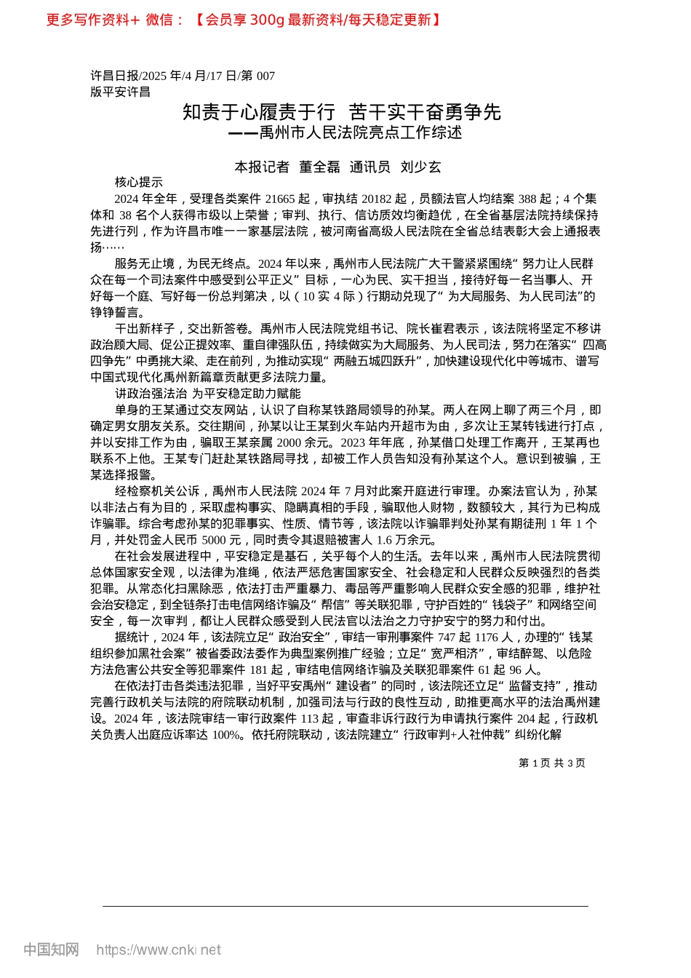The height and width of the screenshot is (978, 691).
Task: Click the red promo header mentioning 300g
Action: [x=243, y=20]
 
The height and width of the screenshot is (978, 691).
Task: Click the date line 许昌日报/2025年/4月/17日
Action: [x=183, y=76]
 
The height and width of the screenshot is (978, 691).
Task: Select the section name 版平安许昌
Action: [x=120, y=92]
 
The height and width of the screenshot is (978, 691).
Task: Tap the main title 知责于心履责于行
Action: [x=259, y=112]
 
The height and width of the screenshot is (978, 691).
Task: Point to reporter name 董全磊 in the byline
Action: [x=319, y=167]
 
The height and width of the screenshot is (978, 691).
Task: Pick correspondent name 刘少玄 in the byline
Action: [x=420, y=167]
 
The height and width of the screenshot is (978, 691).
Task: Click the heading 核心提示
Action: [x=138, y=183]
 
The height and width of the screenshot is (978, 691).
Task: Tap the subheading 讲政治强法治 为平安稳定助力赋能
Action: [x=207, y=394]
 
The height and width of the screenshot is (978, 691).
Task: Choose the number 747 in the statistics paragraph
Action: [x=447, y=637]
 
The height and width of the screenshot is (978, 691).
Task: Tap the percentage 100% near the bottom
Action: [x=226, y=735]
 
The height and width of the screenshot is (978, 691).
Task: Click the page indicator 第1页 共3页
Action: [x=551, y=763]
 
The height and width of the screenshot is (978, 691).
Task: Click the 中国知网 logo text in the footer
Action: [x=51, y=950]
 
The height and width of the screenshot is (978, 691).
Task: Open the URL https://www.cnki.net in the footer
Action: [x=159, y=950]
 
